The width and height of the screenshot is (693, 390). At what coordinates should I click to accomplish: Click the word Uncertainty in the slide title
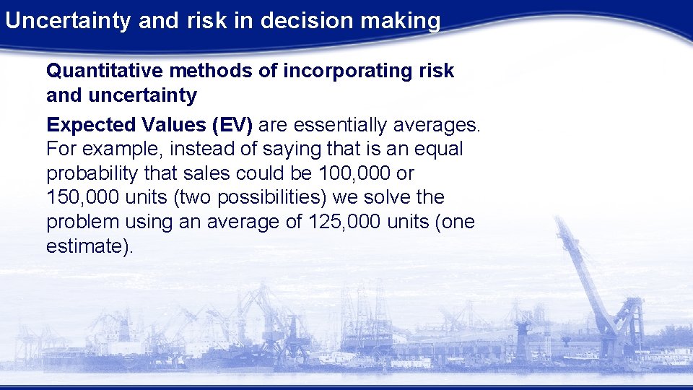tap(69, 20)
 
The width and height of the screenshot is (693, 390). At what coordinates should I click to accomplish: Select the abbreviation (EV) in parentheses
tap(232, 125)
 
